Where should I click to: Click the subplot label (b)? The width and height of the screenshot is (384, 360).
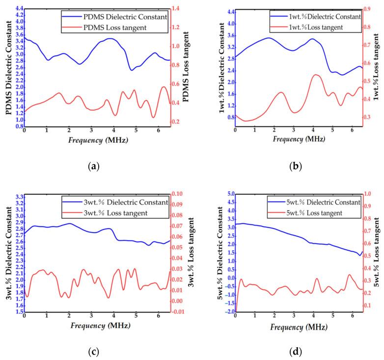(296, 167)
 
